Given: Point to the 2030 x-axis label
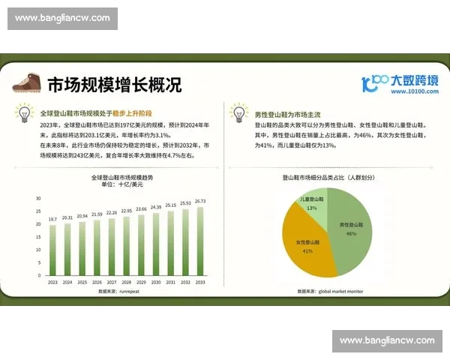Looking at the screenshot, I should (x=156, y=282).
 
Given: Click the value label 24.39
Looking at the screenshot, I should (x=156, y=207).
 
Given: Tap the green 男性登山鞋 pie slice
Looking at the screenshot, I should (x=349, y=225).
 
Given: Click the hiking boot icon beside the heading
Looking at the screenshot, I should (x=28, y=82).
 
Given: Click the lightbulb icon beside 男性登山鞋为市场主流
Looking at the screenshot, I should (x=240, y=114).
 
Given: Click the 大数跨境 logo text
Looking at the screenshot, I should (x=412, y=79).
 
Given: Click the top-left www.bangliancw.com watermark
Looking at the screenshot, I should (x=62, y=18).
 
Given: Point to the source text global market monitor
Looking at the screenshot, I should (x=340, y=291).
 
